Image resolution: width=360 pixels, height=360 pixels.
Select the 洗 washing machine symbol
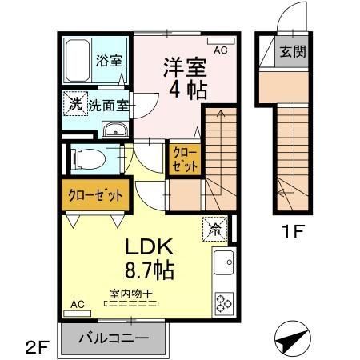coord(74,102)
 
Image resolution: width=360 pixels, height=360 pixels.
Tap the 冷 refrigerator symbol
coord(215,228)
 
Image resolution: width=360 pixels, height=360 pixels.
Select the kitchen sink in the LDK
coord(222,262)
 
